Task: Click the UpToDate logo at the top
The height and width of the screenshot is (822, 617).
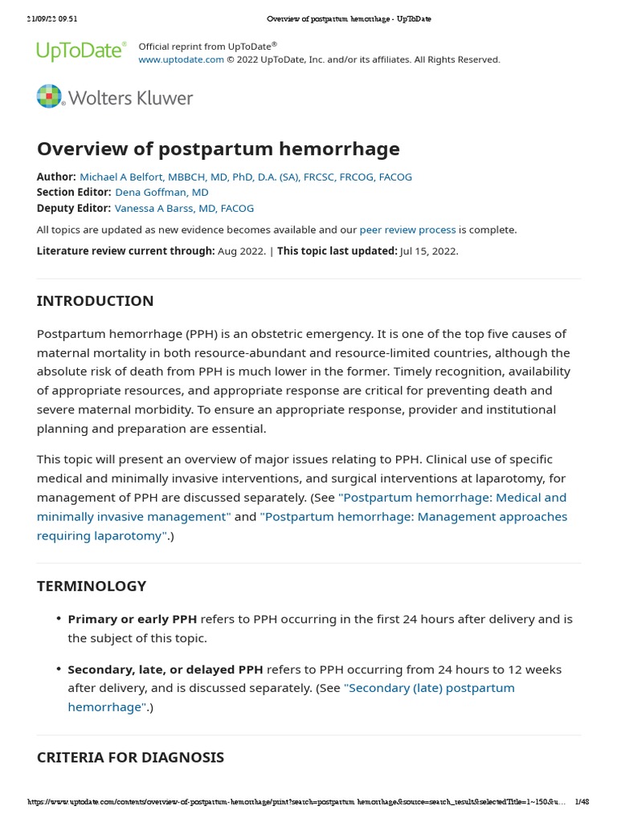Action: click(81, 51)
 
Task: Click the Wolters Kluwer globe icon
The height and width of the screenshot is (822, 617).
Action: click(49, 96)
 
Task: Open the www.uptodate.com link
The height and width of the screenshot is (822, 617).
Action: click(181, 59)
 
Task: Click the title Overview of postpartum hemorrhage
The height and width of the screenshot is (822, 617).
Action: click(218, 149)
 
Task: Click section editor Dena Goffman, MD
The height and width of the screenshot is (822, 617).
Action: click(161, 192)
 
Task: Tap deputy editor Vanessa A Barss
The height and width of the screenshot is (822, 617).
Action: click(184, 208)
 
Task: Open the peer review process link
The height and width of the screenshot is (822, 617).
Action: click(407, 230)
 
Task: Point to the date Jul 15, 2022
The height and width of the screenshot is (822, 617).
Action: click(429, 250)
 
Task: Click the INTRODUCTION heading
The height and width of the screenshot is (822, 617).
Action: click(95, 301)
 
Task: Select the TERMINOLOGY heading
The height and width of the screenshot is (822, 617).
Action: click(92, 586)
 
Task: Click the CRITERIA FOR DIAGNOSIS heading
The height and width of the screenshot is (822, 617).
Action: click(130, 757)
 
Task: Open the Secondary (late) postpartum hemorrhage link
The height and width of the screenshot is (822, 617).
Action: click(429, 688)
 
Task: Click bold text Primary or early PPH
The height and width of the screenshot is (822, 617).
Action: click(132, 619)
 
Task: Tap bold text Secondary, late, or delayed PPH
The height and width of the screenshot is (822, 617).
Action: click(165, 669)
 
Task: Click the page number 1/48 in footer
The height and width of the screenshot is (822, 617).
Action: click(582, 802)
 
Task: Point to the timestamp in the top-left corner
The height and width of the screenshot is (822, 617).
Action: click(52, 19)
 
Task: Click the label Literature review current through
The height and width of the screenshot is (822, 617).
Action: click(125, 250)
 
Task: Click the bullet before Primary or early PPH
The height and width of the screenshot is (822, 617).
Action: click(59, 619)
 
